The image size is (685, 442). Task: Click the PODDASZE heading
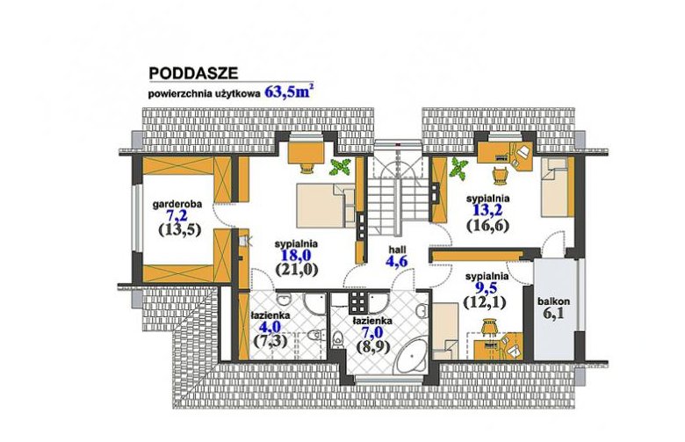coord(193,73)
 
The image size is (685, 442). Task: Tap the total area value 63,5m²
coord(289,91)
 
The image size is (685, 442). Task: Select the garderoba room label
coord(177,204)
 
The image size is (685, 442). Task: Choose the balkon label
coord(553,301)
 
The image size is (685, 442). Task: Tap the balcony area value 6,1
coord(553,314)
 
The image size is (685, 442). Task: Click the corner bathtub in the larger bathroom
coord(413,355)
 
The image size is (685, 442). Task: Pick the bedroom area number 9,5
coord(487,287)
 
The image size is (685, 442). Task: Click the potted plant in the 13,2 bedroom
coord(458,168)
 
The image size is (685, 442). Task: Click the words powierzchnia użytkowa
coord(205,93)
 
